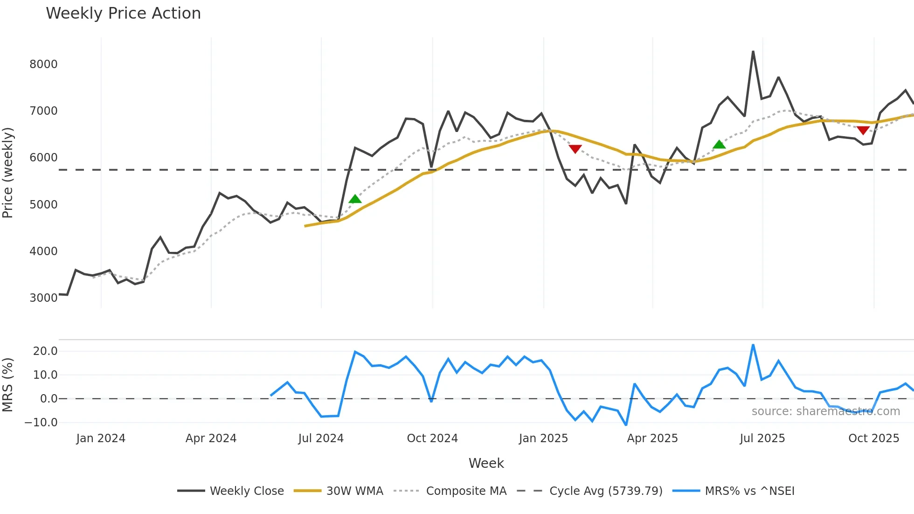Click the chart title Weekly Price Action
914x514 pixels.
click(123, 14)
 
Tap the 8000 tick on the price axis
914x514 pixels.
click(43, 64)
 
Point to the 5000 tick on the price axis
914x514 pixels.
click(43, 205)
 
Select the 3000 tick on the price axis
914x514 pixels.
click(43, 298)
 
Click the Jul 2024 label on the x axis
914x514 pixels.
click(321, 438)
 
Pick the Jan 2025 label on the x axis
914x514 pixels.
click(543, 438)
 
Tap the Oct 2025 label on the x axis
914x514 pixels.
click(873, 438)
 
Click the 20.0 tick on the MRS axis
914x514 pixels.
click(45, 351)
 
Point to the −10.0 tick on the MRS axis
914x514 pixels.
click(41, 423)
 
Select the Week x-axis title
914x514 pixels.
click(486, 463)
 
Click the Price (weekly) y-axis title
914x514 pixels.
click(8, 173)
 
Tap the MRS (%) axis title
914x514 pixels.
click(8, 385)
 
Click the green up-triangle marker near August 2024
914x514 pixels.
click(355, 199)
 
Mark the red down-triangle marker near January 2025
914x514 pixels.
click(575, 149)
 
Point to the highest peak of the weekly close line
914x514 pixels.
click(753, 52)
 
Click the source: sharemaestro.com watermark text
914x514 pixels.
click(825, 411)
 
